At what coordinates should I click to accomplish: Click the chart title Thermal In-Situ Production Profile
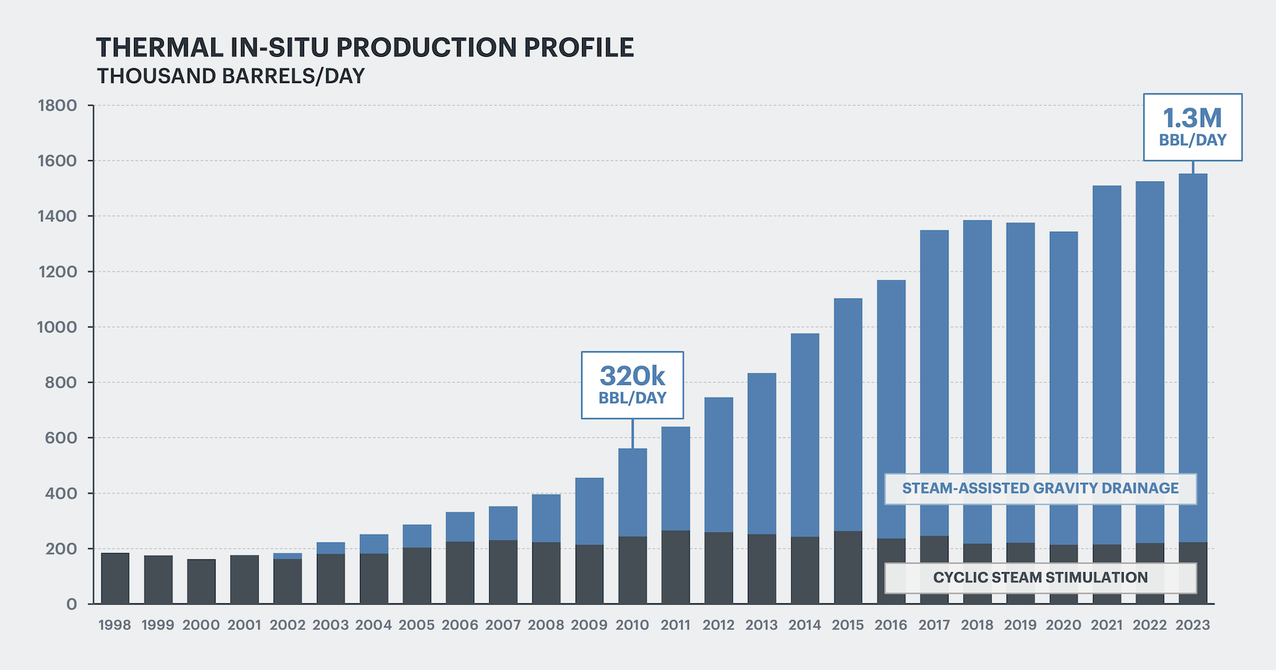tap(364, 48)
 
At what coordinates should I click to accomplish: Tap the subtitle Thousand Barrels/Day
tap(230, 76)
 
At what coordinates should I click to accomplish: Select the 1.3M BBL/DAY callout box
tap(1192, 127)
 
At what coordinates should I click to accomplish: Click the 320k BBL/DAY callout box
tap(632, 385)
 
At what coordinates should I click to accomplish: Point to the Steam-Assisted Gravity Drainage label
tap(1040, 488)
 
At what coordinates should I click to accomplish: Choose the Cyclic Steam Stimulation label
tap(1040, 578)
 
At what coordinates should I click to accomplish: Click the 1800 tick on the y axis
tap(57, 106)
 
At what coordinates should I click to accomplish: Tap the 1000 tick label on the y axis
tap(57, 328)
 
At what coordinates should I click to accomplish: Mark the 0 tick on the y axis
tap(72, 604)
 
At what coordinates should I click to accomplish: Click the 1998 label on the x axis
tap(115, 625)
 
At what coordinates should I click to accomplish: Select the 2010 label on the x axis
tap(632, 625)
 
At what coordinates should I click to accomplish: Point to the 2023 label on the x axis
tap(1192, 625)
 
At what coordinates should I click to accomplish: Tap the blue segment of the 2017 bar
tap(934, 383)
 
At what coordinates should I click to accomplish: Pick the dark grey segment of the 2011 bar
tap(676, 567)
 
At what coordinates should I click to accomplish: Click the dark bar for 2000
tap(201, 581)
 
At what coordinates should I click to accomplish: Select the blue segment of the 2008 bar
tap(547, 518)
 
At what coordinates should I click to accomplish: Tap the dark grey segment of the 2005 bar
tap(417, 576)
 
